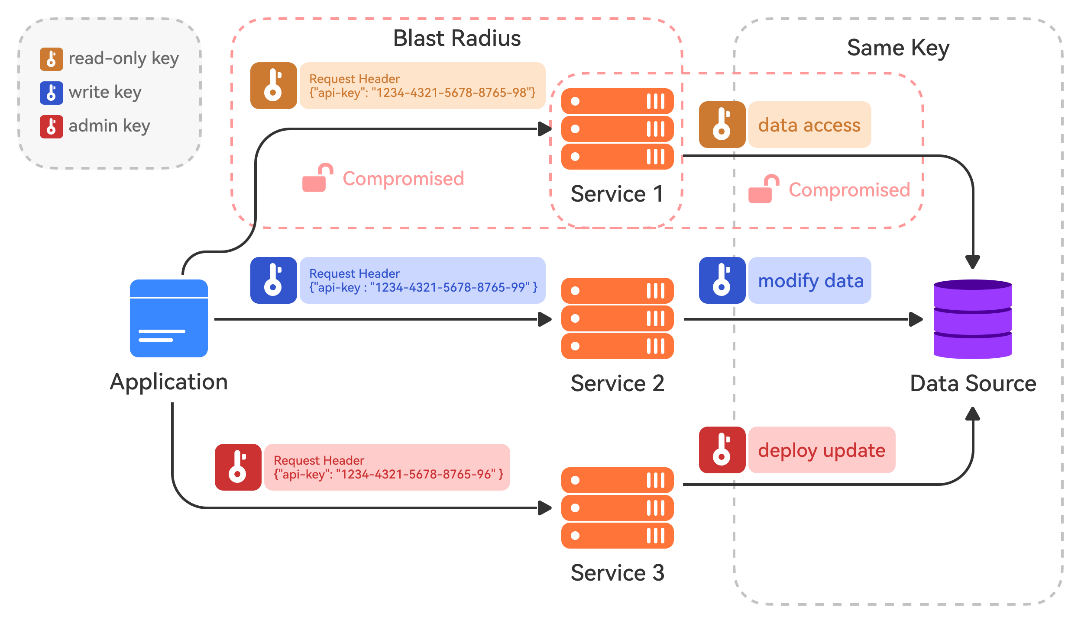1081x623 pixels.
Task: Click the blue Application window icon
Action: (168, 318)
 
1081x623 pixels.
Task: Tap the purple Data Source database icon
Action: (972, 319)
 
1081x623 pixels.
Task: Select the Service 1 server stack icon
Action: (617, 129)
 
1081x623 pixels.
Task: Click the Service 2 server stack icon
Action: (617, 318)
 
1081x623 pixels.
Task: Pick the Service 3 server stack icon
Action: (617, 507)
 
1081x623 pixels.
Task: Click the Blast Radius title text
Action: (456, 38)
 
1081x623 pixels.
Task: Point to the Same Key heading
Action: (898, 48)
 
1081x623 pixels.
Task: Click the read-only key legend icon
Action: (51, 59)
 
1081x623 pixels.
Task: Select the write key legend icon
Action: (51, 93)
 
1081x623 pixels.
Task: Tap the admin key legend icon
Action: (51, 126)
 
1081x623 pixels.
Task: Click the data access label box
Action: (809, 125)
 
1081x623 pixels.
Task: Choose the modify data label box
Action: (809, 280)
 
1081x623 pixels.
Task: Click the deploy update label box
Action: (821, 450)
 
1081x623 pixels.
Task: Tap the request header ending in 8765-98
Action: (422, 86)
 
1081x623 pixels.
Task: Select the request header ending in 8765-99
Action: (422, 280)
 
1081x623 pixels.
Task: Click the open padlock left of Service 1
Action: (317, 177)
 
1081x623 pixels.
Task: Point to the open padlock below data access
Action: (764, 189)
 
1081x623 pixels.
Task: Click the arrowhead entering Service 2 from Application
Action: (544, 319)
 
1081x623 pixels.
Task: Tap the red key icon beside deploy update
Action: (722, 450)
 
